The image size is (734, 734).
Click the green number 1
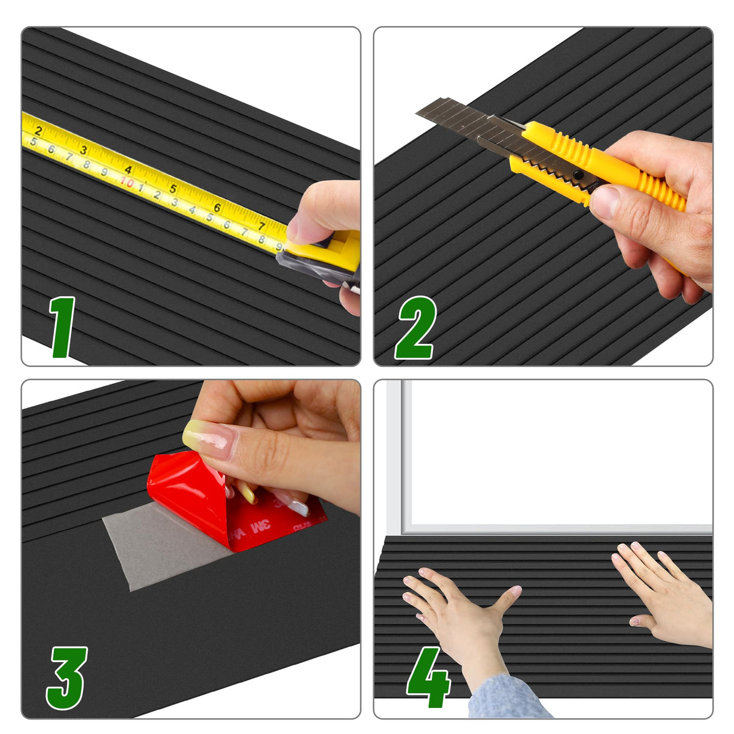point(63,327)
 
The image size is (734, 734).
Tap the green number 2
point(415,328)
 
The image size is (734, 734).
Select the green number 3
point(67,678)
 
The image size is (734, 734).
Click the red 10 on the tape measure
point(127,181)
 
